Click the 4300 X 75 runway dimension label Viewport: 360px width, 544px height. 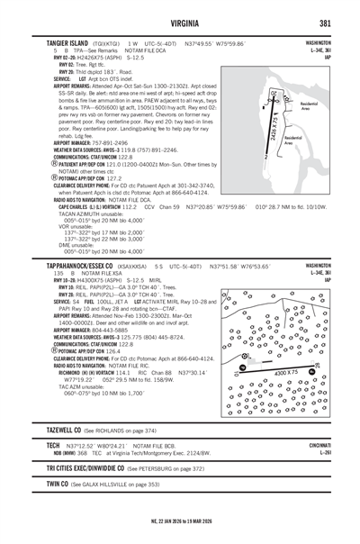[287, 372]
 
